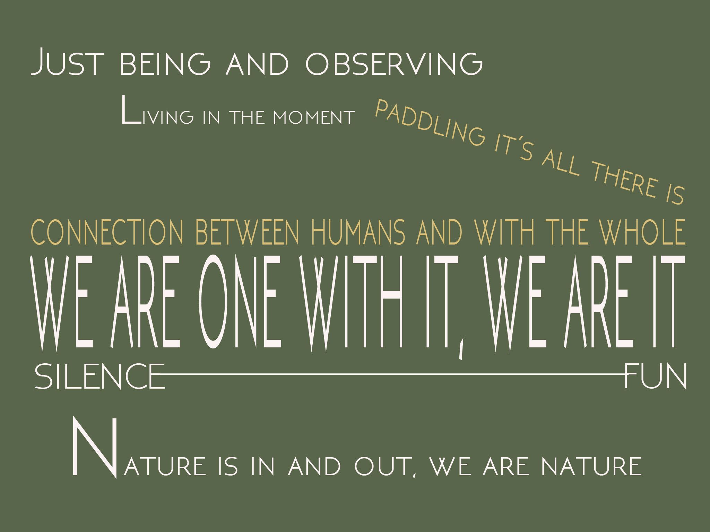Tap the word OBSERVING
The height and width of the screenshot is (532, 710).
(394, 64)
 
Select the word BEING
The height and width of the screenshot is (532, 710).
(165, 64)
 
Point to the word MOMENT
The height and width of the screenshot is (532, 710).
(314, 117)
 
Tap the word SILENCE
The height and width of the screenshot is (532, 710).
(100, 376)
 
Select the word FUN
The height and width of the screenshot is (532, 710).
(655, 376)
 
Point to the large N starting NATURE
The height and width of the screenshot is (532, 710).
(95, 447)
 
